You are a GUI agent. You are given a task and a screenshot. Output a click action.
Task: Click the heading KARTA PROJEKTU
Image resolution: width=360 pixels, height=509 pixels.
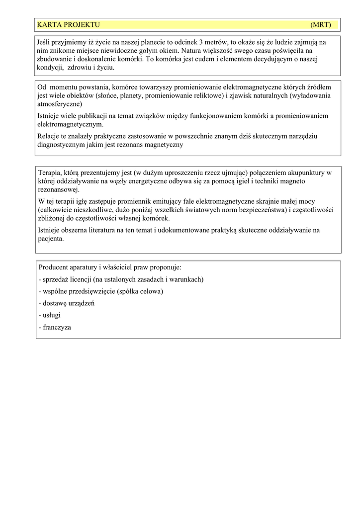(x=68, y=25)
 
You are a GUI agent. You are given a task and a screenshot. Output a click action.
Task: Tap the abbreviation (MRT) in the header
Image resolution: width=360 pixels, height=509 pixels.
(x=320, y=25)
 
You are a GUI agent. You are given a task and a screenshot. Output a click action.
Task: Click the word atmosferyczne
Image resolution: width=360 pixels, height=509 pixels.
(x=60, y=104)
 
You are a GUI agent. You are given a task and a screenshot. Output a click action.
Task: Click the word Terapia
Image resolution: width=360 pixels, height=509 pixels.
(x=50, y=173)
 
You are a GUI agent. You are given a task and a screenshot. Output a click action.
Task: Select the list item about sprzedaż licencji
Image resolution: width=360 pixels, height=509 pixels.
(x=121, y=279)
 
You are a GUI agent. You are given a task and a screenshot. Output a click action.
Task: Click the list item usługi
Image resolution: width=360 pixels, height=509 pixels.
(x=49, y=315)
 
